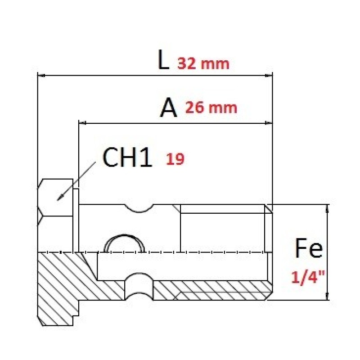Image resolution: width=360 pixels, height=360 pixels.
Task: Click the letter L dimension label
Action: [163, 60]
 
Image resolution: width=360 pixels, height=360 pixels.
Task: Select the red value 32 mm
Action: [203, 63]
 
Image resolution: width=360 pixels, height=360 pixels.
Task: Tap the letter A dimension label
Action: [168, 108]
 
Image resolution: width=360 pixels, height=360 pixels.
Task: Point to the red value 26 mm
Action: [211, 108]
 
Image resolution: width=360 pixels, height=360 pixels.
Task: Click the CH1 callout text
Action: [127, 157]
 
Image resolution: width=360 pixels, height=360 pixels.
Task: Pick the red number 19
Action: [175, 159]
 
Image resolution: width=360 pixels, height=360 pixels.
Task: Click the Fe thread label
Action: [309, 248]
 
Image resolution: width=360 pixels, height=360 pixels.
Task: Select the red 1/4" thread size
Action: [308, 277]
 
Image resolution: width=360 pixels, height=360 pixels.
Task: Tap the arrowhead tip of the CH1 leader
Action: [58, 200]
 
